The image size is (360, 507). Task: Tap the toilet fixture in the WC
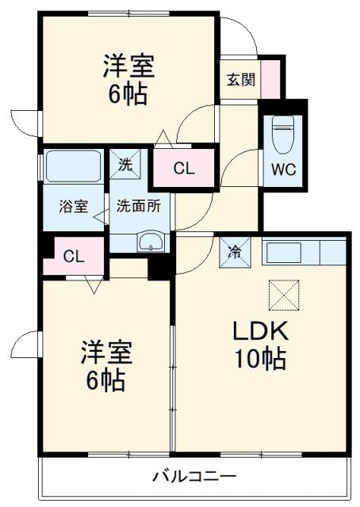(x=283, y=135)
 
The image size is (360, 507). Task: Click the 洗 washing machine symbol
(x=124, y=165)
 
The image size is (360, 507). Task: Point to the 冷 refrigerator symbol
(x=236, y=252)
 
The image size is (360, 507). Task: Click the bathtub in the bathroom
(x=72, y=166)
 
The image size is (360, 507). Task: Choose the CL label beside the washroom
(x=183, y=168)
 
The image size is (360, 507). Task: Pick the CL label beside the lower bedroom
(x=73, y=256)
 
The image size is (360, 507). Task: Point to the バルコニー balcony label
(x=193, y=477)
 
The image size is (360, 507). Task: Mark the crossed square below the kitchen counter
(x=284, y=296)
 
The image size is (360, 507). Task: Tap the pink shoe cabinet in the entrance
(x=271, y=78)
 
